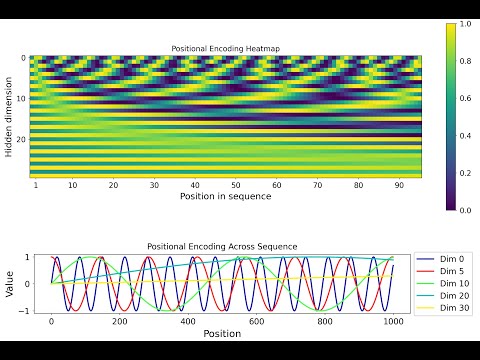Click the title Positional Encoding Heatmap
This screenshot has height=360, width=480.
point(226,49)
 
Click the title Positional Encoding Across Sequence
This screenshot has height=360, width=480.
point(222,247)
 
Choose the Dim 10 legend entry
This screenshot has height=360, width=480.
point(443,283)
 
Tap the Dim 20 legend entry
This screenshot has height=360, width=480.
point(443,296)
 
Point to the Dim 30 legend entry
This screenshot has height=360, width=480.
point(443,308)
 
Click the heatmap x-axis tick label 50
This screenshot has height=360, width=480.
point(236,185)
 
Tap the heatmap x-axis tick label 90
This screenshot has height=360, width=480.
point(399,185)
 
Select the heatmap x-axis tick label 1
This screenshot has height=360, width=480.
point(36,185)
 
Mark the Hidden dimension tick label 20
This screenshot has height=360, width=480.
point(21,139)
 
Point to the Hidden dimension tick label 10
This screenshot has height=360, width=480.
point(21,99)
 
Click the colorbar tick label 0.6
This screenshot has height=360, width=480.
point(465,98)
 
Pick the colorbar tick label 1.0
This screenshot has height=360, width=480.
point(465,24)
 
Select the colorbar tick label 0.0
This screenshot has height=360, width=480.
point(465,210)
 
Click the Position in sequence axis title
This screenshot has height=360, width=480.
point(226,196)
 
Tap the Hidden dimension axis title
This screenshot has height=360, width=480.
point(9,117)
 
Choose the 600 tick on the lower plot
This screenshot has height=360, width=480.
point(256,322)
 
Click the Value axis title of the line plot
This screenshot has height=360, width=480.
point(9,284)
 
